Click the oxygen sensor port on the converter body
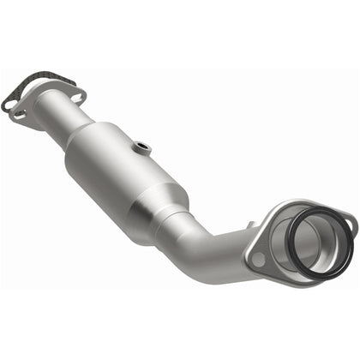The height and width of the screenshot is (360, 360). pyautogui.click(x=141, y=147)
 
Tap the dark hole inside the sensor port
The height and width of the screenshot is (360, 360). pyautogui.click(x=142, y=146)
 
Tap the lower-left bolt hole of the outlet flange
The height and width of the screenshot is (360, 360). pyautogui.click(x=255, y=255)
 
